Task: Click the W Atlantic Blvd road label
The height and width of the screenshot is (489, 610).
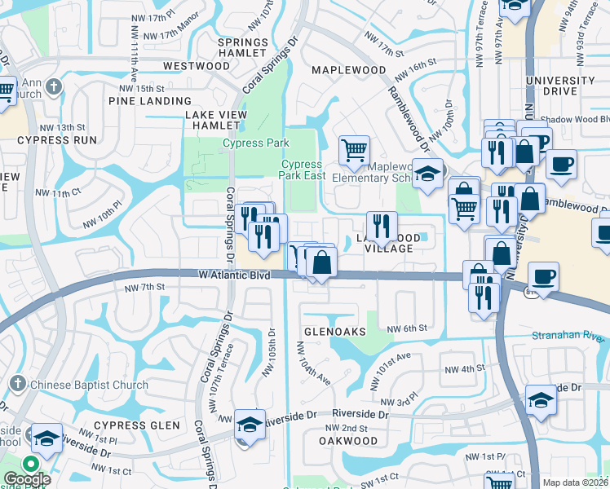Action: tap(234, 275)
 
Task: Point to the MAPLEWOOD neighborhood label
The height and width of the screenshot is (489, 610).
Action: tap(349, 70)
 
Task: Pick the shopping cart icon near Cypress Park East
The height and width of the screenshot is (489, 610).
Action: tap(354, 150)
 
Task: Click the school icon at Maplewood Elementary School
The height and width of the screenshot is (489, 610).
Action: tap(427, 173)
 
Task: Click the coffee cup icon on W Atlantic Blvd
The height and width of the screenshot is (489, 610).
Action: tap(543, 276)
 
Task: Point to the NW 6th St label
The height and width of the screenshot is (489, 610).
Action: tap(407, 328)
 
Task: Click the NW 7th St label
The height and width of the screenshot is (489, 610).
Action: tap(145, 288)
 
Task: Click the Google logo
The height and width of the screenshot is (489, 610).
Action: tap(26, 478)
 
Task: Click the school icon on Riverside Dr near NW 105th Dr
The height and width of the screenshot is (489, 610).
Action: tap(250, 424)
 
